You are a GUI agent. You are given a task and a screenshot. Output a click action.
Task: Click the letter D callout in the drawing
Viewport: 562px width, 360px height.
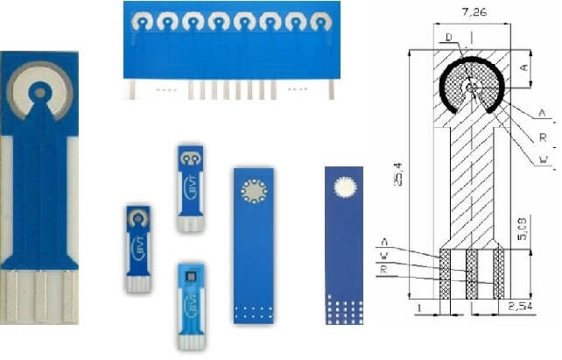tap(448, 37)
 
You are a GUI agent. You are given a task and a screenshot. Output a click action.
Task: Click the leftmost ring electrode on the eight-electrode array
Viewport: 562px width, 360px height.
tap(141, 19)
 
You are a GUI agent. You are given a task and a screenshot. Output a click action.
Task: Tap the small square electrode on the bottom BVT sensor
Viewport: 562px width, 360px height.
tap(191, 275)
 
